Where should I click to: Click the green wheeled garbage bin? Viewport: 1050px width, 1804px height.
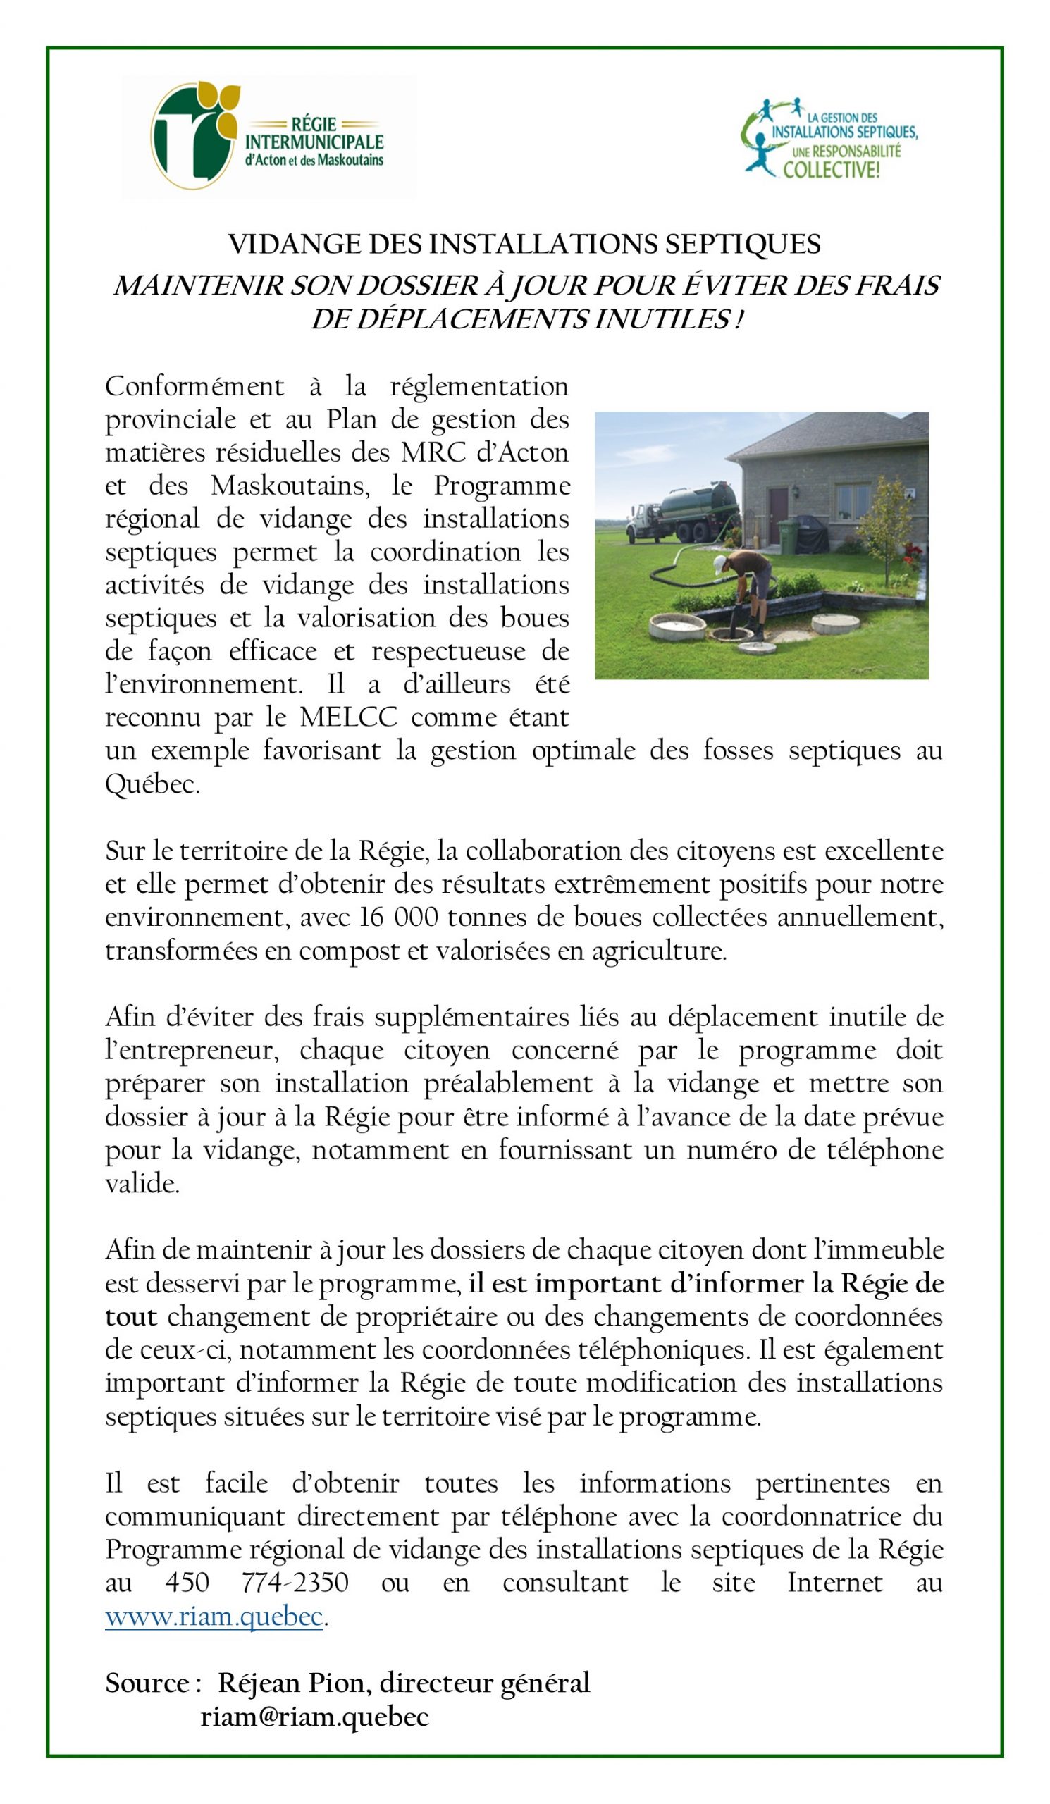787,535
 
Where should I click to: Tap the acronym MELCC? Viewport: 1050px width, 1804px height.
348,717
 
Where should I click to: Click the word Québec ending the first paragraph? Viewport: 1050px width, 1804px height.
152,784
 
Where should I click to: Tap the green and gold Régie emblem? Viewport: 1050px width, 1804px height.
193,134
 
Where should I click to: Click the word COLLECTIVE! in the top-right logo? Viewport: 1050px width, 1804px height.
831,170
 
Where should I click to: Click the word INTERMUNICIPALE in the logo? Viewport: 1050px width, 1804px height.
315,142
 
